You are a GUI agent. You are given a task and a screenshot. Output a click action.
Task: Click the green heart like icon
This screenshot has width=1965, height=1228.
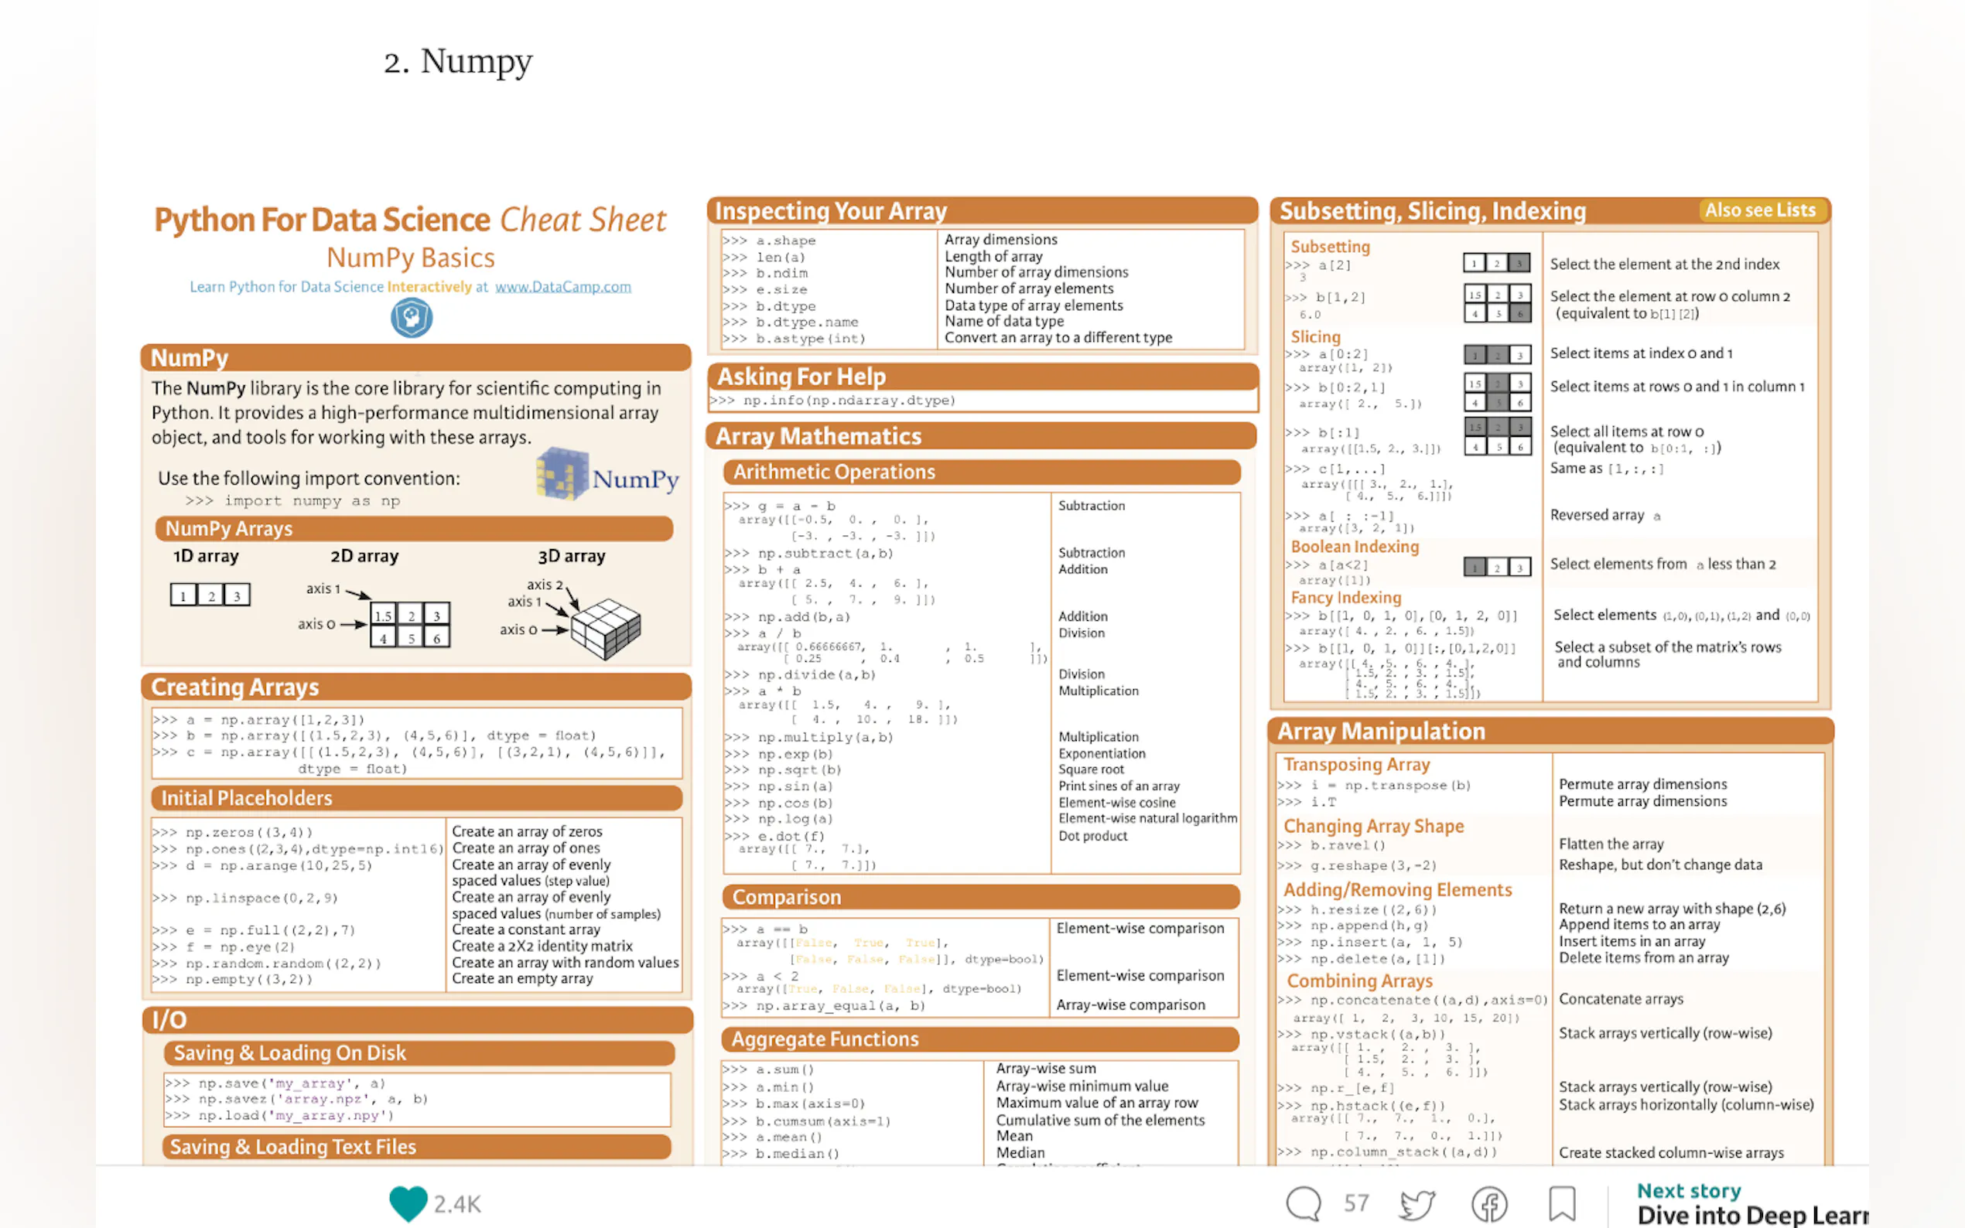click(x=408, y=1202)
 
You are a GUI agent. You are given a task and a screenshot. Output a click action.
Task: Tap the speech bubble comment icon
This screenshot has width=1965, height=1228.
click(x=1303, y=1202)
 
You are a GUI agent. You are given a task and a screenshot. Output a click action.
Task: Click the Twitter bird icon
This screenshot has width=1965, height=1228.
click(x=1417, y=1203)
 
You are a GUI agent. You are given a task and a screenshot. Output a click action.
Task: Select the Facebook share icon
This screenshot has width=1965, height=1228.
click(x=1489, y=1203)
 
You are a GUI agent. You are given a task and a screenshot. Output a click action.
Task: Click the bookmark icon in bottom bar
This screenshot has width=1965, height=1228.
click(x=1561, y=1202)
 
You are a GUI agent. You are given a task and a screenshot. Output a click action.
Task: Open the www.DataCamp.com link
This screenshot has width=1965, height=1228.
click(x=562, y=287)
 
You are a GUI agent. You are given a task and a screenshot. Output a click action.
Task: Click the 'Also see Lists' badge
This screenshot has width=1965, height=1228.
click(x=1759, y=210)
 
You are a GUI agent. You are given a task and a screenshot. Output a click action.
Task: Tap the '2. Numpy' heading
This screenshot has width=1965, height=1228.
click(x=458, y=62)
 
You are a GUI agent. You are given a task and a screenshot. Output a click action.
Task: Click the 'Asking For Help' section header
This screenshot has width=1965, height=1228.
click(x=801, y=376)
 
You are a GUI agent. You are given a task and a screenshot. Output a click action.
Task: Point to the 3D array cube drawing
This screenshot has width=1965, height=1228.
click(x=605, y=628)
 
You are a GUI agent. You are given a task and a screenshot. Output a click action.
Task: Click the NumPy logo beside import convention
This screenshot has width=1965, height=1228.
click(x=607, y=474)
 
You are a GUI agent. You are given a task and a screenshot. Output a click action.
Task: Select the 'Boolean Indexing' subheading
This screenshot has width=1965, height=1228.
click(x=1354, y=547)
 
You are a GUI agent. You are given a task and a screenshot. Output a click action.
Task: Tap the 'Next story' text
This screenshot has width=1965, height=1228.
click(x=1688, y=1191)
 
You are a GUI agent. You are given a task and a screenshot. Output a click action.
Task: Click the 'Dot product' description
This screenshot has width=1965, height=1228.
click(x=1092, y=836)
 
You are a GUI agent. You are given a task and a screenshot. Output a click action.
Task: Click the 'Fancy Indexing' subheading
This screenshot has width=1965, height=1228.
click(x=1345, y=598)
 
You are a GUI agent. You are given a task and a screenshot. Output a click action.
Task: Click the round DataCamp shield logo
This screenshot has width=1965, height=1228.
click(x=411, y=318)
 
